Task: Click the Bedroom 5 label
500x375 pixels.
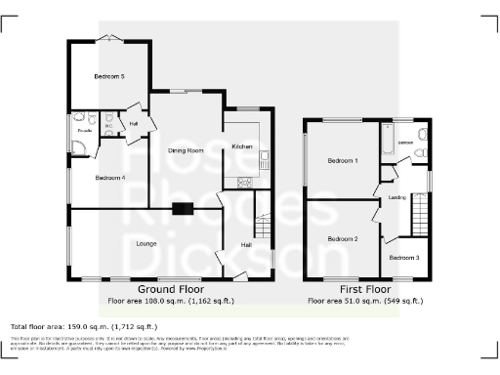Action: coord(108,76)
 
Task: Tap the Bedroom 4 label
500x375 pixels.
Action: coord(109,178)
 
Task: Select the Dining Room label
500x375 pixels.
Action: coord(186,150)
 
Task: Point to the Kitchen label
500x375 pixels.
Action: coord(241,146)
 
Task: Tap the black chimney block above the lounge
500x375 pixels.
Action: coord(183,207)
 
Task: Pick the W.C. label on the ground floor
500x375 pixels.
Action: coord(109,126)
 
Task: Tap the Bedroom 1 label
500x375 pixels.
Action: coord(342,160)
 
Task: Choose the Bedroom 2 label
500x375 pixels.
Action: coord(342,238)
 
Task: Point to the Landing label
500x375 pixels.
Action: coord(397,197)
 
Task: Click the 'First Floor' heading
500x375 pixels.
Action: coord(365,291)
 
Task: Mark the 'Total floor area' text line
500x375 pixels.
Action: coord(83,326)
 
